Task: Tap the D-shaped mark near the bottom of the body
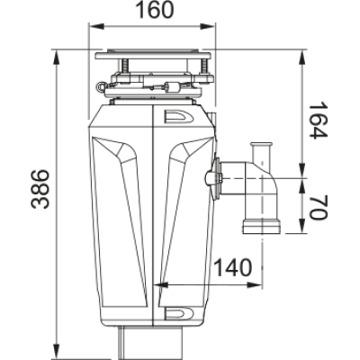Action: pyautogui.click(x=178, y=312)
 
